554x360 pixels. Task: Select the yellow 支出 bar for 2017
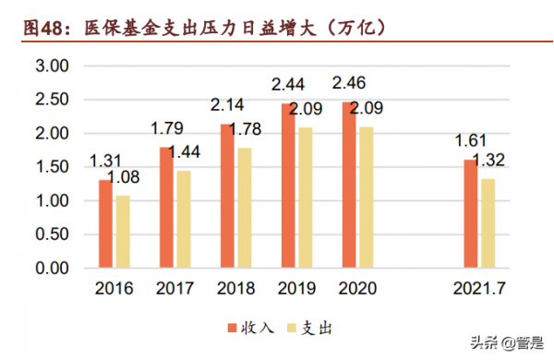tap(185, 220)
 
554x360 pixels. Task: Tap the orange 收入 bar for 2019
tap(288, 186)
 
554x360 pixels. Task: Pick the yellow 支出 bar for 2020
tap(367, 198)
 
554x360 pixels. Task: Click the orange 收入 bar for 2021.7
tap(471, 214)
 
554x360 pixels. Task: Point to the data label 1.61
tap(470, 141)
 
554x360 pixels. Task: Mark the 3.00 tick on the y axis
tap(52, 66)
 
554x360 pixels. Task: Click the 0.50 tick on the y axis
tap(52, 234)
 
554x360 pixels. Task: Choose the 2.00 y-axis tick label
tap(52, 134)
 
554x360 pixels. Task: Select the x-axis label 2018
tap(236, 288)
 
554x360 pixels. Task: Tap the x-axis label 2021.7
tap(478, 288)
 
